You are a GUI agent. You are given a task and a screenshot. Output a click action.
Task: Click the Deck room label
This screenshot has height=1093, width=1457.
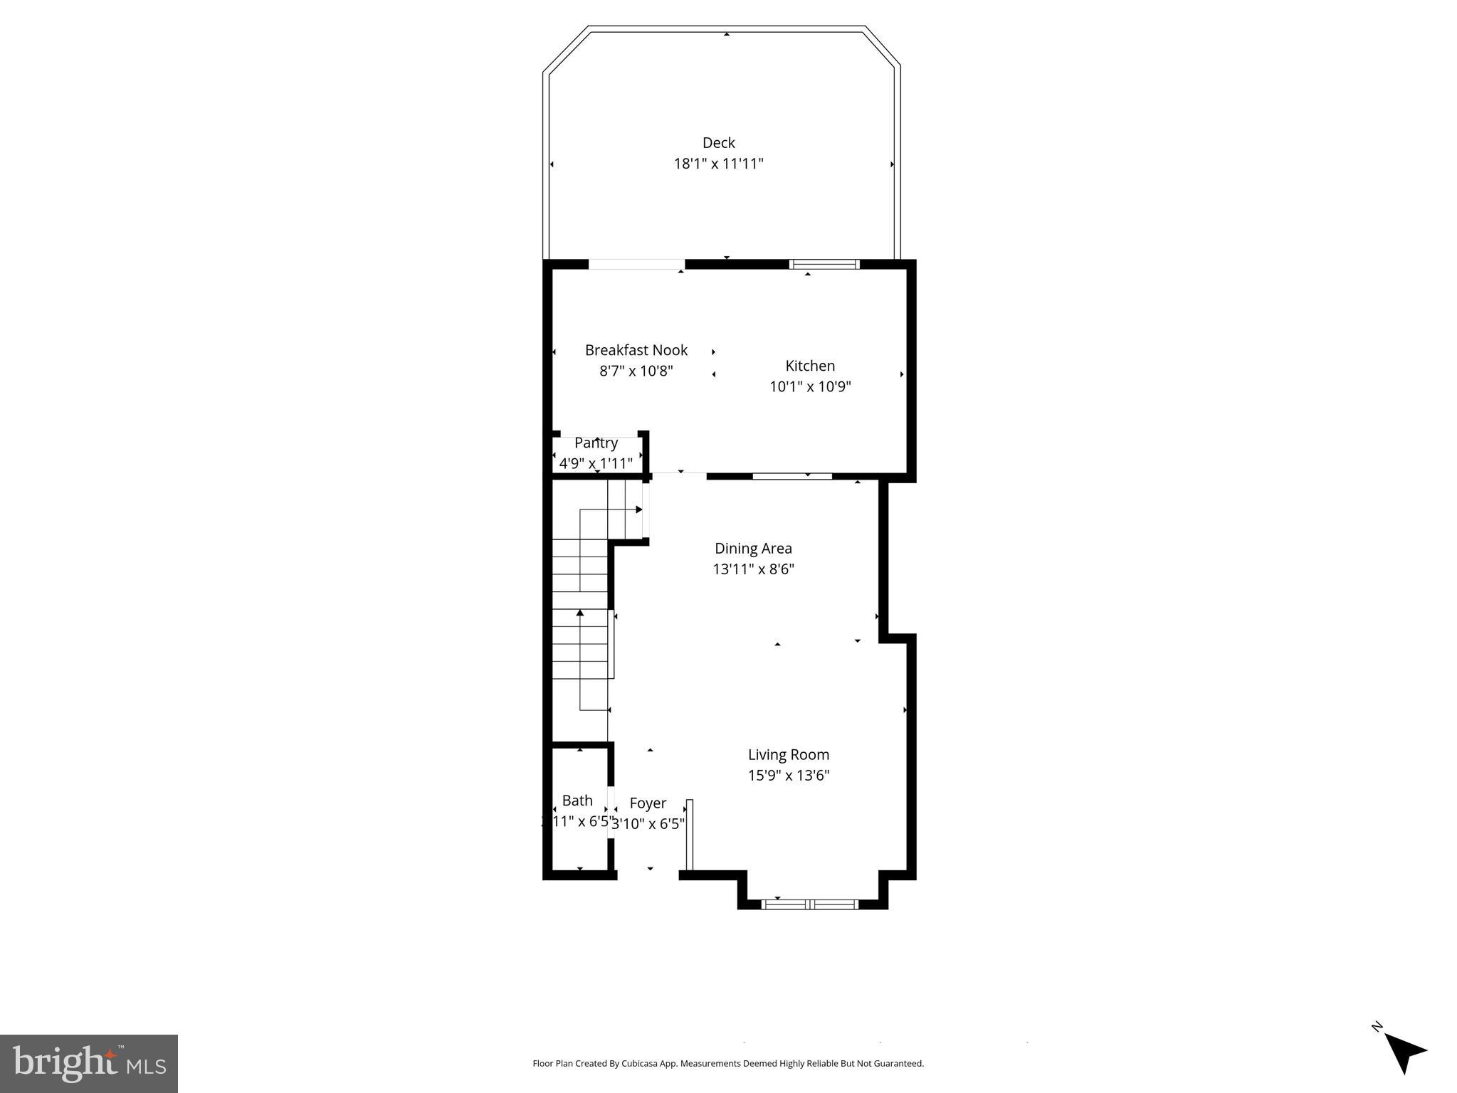pyautogui.click(x=718, y=143)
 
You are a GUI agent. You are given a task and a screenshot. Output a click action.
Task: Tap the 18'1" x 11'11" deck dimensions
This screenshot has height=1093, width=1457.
pyautogui.click(x=718, y=164)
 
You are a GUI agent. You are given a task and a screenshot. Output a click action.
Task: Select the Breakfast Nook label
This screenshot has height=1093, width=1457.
pyautogui.click(x=636, y=350)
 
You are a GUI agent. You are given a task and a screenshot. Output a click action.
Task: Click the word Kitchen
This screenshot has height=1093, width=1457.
pyautogui.click(x=809, y=366)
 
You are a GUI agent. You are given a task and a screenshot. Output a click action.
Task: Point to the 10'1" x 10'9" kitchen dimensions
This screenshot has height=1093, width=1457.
pyautogui.click(x=809, y=386)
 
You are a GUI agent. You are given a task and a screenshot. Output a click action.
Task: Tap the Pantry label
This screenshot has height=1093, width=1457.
pyautogui.click(x=596, y=443)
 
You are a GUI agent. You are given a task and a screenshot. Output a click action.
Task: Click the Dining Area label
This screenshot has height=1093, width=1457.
pyautogui.click(x=752, y=549)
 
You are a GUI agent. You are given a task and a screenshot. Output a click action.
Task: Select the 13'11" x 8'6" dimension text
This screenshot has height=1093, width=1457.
pyautogui.click(x=752, y=569)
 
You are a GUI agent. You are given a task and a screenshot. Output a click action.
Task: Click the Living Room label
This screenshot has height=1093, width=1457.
pyautogui.click(x=788, y=754)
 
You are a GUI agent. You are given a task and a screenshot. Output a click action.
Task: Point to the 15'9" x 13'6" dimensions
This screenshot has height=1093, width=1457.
pyautogui.click(x=788, y=775)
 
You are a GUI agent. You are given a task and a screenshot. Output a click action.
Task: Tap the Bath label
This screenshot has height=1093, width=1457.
pyautogui.click(x=577, y=801)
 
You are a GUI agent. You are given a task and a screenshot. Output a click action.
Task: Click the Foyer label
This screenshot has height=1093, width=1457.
pyautogui.click(x=648, y=803)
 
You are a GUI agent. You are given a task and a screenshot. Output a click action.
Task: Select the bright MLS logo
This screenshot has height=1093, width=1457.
pyautogui.click(x=89, y=1063)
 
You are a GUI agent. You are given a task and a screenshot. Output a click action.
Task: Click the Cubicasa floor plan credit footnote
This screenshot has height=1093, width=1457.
pyautogui.click(x=727, y=1063)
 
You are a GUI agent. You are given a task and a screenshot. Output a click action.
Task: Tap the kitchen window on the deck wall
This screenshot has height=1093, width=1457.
pyautogui.click(x=824, y=265)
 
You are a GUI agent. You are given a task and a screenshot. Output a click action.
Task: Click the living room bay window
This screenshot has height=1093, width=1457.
pyautogui.click(x=809, y=904)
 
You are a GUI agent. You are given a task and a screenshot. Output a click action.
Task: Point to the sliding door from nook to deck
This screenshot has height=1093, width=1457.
pyautogui.click(x=636, y=265)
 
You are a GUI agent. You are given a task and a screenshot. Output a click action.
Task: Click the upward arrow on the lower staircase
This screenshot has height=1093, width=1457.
pyautogui.click(x=580, y=613)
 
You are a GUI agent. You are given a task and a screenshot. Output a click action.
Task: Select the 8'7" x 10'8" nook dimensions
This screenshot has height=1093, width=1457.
pyautogui.click(x=636, y=371)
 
